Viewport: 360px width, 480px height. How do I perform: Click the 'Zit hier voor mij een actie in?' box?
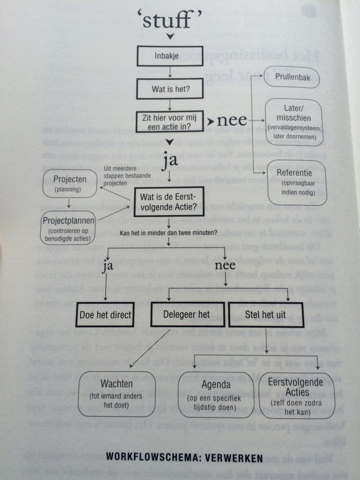[170, 121]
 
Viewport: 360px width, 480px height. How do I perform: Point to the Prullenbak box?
[291, 76]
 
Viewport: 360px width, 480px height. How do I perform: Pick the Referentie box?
[296, 182]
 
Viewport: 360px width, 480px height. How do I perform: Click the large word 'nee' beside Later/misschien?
[232, 120]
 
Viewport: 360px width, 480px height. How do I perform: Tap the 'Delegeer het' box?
[187, 314]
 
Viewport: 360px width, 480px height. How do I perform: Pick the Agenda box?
[216, 395]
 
